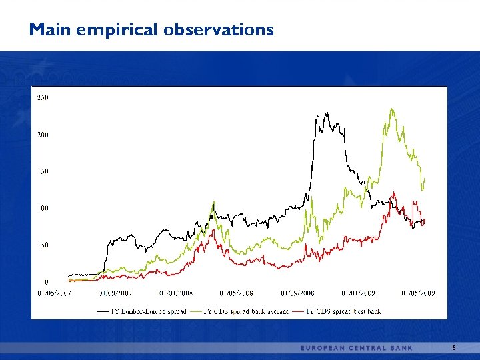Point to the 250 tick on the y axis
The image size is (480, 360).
coord(42,98)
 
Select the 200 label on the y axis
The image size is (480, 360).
coord(42,135)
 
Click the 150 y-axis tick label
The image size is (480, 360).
coord(42,172)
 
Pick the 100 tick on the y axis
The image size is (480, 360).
coord(42,209)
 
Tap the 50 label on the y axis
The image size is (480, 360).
coord(43,245)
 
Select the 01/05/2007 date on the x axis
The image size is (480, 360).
coord(54,293)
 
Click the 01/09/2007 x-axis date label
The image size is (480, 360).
coord(115,293)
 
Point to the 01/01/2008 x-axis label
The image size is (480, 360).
coord(176,293)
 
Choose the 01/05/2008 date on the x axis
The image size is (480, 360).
coord(237,293)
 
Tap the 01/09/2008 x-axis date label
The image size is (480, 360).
coord(297,293)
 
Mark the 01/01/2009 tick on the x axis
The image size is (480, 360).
coord(358,293)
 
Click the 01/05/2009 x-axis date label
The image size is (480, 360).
coord(419,293)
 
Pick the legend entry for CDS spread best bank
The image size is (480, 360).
coord(342,311)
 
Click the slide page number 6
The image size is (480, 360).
coord(454,348)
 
